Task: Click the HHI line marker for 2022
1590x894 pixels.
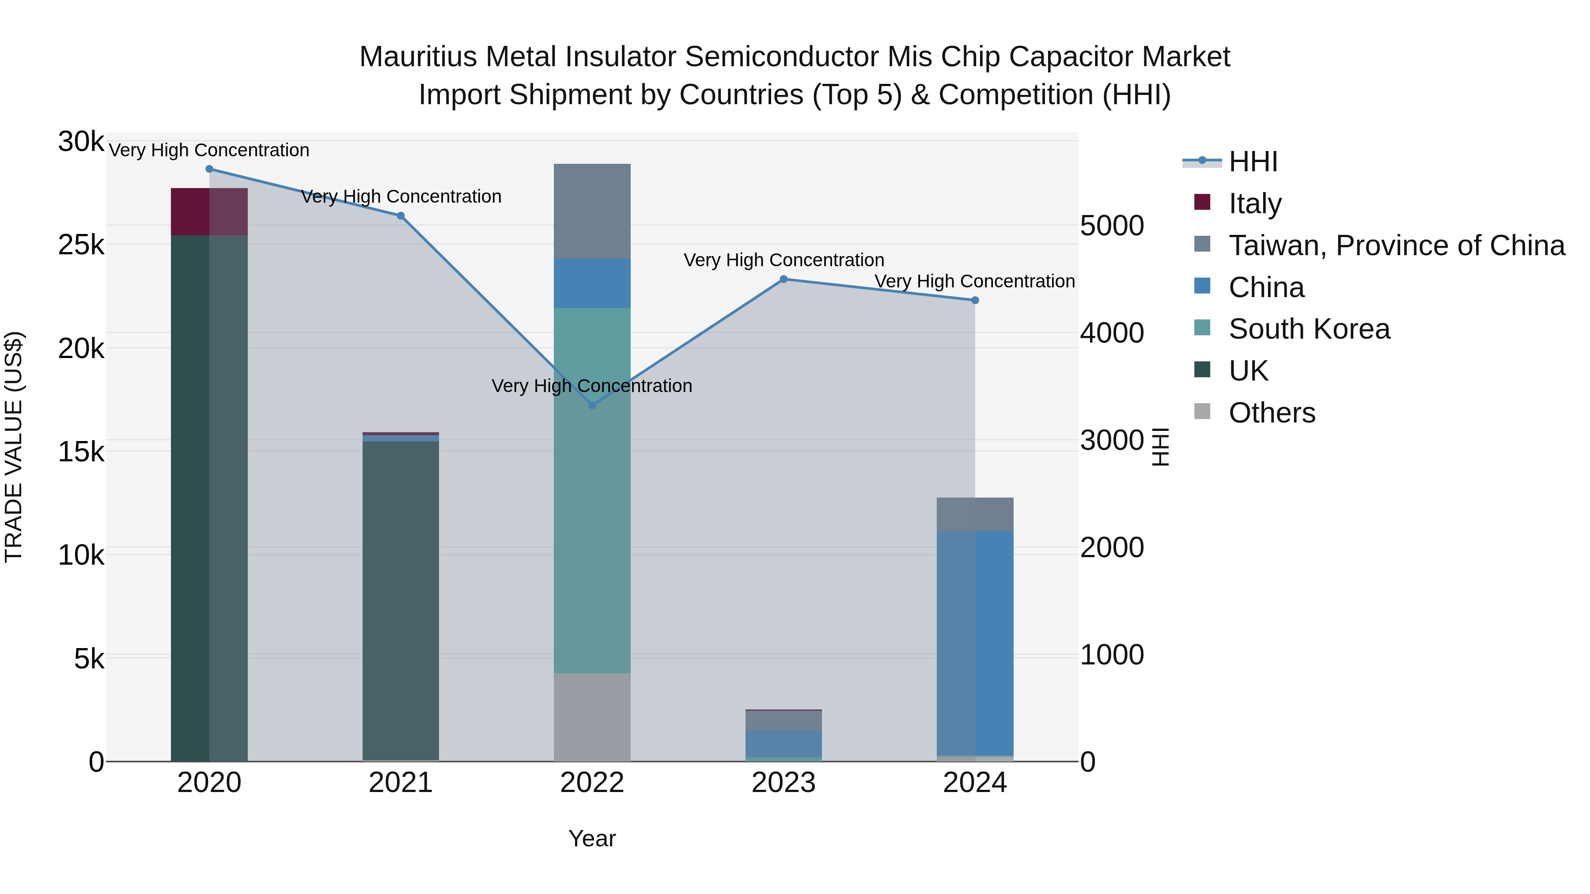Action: click(592, 405)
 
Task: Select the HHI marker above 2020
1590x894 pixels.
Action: click(209, 169)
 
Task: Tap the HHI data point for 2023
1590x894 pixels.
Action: click(783, 279)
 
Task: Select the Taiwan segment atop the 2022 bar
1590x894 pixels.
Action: click(592, 211)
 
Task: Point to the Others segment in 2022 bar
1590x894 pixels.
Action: click(592, 717)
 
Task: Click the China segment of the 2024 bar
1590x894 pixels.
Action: click(975, 641)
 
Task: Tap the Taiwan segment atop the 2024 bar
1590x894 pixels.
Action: click(975, 514)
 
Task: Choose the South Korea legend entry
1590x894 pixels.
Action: click(1309, 329)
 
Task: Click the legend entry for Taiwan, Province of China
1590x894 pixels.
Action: click(1396, 245)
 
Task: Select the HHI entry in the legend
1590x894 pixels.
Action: click(1253, 162)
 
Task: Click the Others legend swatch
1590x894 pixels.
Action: click(1202, 411)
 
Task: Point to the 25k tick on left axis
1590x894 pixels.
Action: click(81, 245)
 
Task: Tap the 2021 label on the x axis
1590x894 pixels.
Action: click(401, 783)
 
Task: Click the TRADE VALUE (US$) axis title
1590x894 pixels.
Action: click(14, 447)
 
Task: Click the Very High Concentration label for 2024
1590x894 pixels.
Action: click(975, 281)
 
